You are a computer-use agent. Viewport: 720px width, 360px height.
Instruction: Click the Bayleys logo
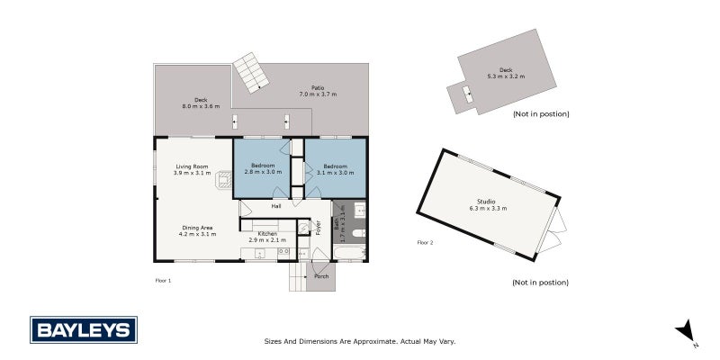point(84,329)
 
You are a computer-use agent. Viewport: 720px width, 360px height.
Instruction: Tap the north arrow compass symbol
point(686,331)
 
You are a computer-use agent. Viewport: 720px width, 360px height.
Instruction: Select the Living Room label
point(192,166)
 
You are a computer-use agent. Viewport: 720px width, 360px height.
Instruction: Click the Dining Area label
point(197,228)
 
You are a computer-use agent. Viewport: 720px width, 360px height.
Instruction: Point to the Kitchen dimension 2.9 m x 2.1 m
point(267,239)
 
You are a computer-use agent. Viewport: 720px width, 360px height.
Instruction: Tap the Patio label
point(318,87)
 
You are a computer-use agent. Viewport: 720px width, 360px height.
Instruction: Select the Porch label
point(321,276)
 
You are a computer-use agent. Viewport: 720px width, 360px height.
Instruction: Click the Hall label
point(276,206)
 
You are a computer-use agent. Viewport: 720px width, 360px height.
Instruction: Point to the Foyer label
point(318,228)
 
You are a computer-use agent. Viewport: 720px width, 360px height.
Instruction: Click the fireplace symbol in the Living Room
point(224,179)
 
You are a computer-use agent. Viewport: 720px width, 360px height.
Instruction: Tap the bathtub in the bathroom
point(350,253)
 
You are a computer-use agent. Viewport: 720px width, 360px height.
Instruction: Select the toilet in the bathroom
point(358,232)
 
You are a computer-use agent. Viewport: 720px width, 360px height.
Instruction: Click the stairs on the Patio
point(251,73)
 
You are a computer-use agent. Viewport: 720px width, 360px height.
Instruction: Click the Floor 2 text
point(425,242)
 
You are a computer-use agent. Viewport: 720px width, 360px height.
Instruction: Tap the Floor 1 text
point(163,280)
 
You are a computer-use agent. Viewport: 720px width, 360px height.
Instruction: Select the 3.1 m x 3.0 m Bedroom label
point(338,169)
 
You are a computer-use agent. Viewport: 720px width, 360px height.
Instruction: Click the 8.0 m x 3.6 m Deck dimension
point(201,106)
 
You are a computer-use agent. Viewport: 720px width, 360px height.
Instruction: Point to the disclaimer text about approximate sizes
point(359,341)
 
